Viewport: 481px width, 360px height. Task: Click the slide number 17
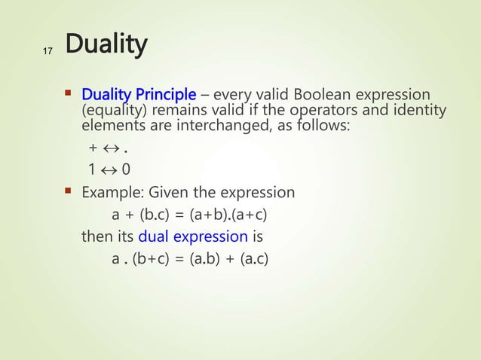[x=47, y=51]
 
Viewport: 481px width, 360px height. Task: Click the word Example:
[x=111, y=193]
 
